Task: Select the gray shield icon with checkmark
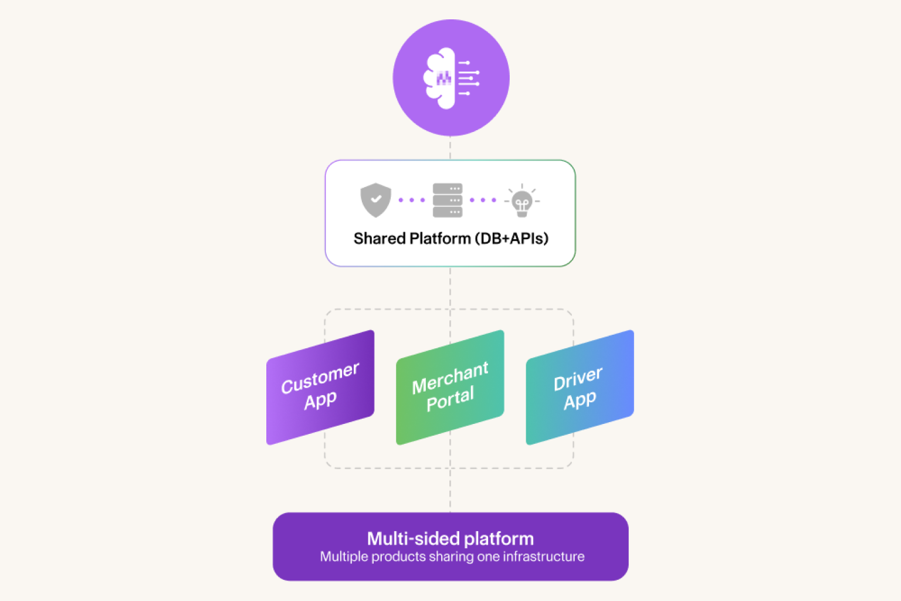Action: [375, 200]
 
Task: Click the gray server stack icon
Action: [448, 200]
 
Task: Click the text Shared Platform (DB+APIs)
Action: [450, 239]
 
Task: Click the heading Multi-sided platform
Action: [450, 538]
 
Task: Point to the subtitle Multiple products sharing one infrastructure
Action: [452, 556]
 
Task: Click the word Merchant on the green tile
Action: [450, 378]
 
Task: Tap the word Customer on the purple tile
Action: [320, 378]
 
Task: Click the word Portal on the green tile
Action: [450, 399]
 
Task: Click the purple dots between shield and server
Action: [411, 200]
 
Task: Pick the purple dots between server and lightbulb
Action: [483, 200]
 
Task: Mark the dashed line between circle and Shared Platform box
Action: [450, 148]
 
